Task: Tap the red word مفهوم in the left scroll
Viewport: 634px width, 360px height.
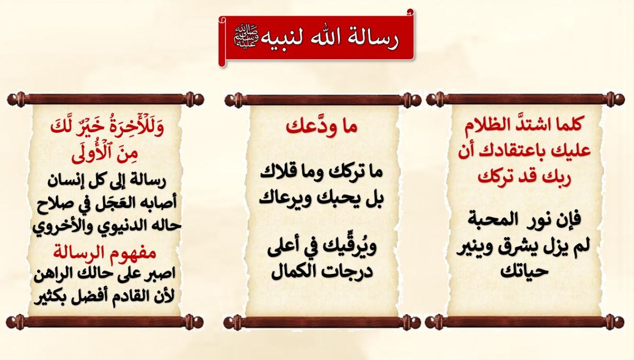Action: point(134,253)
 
